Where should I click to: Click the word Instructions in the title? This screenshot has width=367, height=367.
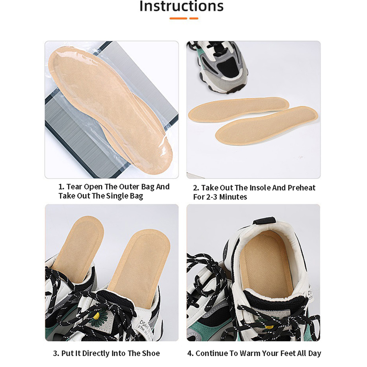point(181,6)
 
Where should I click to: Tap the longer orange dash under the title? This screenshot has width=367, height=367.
point(178,18)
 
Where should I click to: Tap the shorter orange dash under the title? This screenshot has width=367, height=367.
point(194,18)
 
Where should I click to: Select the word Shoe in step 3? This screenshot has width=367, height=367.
point(151,353)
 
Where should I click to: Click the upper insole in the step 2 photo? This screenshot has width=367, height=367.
point(239,110)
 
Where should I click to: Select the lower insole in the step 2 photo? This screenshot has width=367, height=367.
point(267,125)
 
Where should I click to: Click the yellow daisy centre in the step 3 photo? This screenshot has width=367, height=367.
point(97,316)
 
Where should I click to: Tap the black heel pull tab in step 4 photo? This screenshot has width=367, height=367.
point(265,221)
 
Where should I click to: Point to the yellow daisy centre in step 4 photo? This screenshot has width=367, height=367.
point(269,326)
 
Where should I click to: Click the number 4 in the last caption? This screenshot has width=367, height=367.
point(190,353)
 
